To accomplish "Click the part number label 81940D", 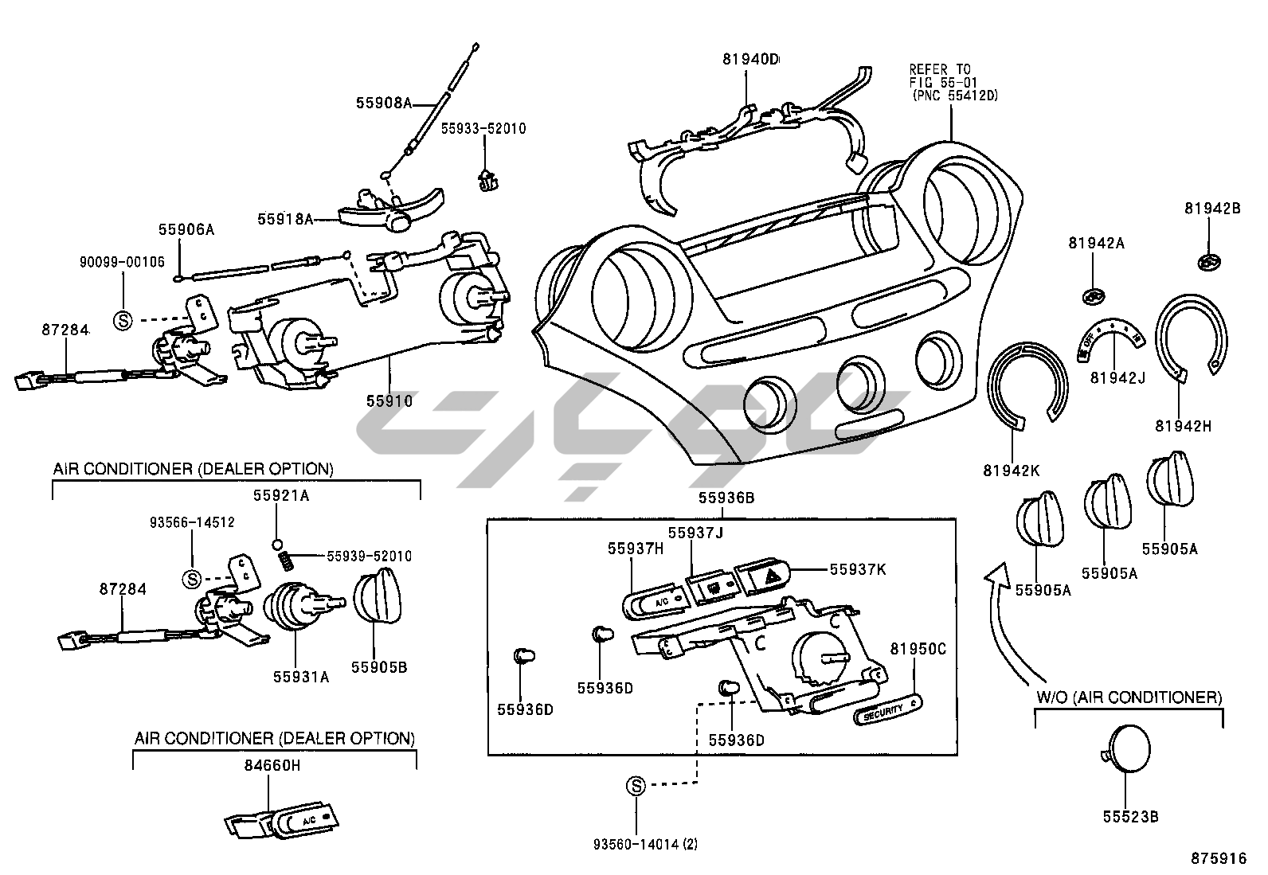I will coord(750,59).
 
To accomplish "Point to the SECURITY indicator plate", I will coord(886,709).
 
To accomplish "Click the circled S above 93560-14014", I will coord(636,787).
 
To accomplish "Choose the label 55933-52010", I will coord(483,128).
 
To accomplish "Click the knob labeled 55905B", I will coord(377,597).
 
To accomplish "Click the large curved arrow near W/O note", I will coord(1003,621).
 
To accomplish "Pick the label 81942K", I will coord(1011,470).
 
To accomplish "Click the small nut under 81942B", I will coord(1210,261).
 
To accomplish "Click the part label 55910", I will coord(389,401).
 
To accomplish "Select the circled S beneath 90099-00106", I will coord(123,319).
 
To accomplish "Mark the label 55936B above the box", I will coord(726,498).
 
